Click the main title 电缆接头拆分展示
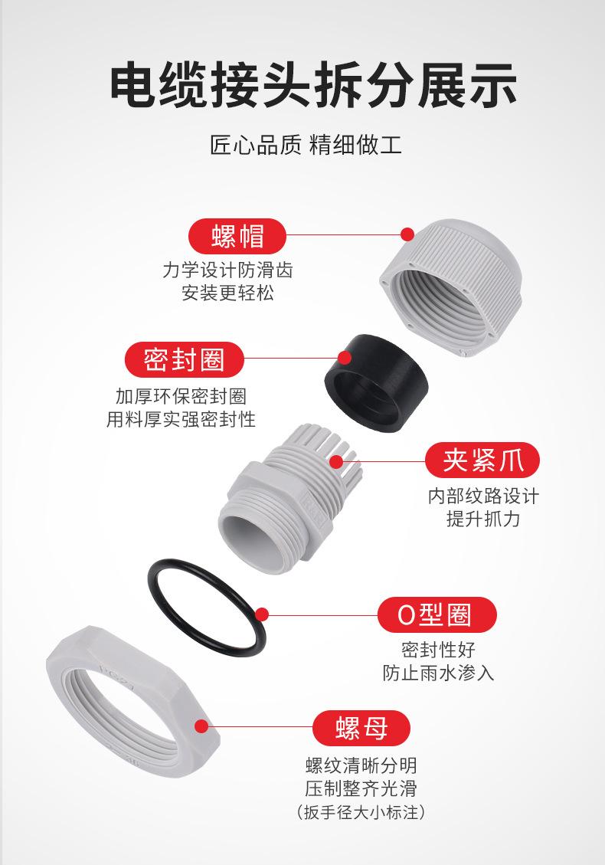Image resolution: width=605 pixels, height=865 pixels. coord(302,85)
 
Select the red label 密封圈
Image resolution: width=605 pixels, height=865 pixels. coord(185,359)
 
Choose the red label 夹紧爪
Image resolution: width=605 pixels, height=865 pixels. coord(482,460)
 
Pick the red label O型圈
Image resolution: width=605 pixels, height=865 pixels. coord(437,614)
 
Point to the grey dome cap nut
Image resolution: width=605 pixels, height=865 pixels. coord(452,287)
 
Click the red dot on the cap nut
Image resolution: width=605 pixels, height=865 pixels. coord(407,232)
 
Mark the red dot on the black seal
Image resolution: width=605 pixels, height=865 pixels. coord(345,357)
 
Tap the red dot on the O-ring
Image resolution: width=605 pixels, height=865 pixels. coord(262,614)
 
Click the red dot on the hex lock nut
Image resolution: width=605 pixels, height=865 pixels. coord(202,727)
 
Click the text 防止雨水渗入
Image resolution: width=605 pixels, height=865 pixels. coord(438,673)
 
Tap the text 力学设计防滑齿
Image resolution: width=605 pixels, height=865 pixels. coord(227,270)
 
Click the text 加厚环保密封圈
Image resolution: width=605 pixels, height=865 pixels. coord(181,396)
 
